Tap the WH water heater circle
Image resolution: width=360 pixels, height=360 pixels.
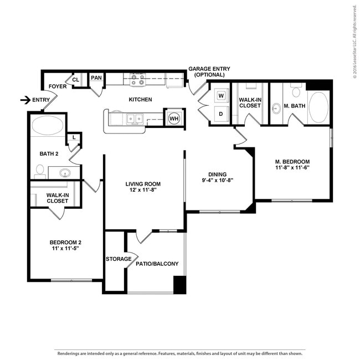tap(174, 118)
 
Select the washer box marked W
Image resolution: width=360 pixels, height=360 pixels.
tap(221, 96)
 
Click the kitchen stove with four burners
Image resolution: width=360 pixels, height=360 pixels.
tap(137, 80)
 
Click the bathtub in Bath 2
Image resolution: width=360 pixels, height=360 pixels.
tap(48, 126)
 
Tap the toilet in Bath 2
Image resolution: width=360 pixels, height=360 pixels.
tap(40, 171)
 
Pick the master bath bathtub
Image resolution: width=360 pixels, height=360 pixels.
tap(318, 107)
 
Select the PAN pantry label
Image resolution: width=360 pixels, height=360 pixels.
tap(96, 78)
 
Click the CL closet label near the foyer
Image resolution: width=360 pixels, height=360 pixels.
tap(76, 80)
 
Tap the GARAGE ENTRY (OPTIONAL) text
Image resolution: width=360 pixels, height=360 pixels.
tap(209, 72)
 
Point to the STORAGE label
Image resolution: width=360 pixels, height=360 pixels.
tap(119, 259)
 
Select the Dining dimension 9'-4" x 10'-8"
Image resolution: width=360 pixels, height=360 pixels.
tap(218, 179)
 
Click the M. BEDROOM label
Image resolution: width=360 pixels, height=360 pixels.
tap(292, 162)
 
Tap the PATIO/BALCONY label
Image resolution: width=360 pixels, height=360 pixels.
tap(157, 264)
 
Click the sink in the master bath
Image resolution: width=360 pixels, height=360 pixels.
tap(276, 109)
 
